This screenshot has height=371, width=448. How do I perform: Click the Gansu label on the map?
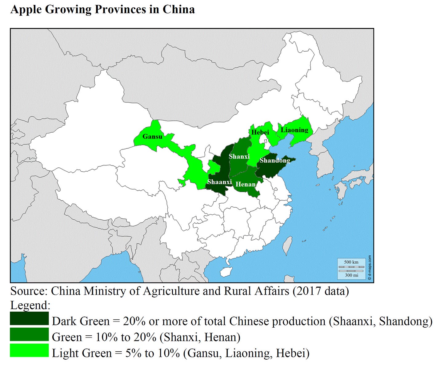(152, 136)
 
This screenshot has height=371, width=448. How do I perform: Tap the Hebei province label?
(260, 132)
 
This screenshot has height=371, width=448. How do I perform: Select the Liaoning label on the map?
(294, 130)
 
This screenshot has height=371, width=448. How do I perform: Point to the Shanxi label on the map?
(239, 156)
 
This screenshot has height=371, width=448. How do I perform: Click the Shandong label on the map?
(275, 160)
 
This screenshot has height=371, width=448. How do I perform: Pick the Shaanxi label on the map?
(219, 182)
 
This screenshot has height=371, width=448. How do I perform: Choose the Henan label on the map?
(246, 184)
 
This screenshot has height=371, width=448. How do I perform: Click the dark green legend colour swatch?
(29, 319)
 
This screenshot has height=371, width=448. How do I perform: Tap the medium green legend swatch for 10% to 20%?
(29, 335)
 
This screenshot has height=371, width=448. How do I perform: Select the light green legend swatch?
(29, 351)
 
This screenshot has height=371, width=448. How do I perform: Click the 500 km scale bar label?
(351, 262)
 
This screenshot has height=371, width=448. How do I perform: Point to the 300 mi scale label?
(351, 275)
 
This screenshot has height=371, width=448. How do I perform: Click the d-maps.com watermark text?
(370, 268)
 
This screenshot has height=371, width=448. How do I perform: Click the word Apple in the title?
(26, 10)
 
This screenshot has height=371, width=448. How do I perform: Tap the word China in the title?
(178, 10)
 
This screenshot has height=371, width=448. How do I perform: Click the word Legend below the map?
(30, 305)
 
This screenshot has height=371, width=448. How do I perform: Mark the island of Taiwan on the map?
(287, 245)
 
